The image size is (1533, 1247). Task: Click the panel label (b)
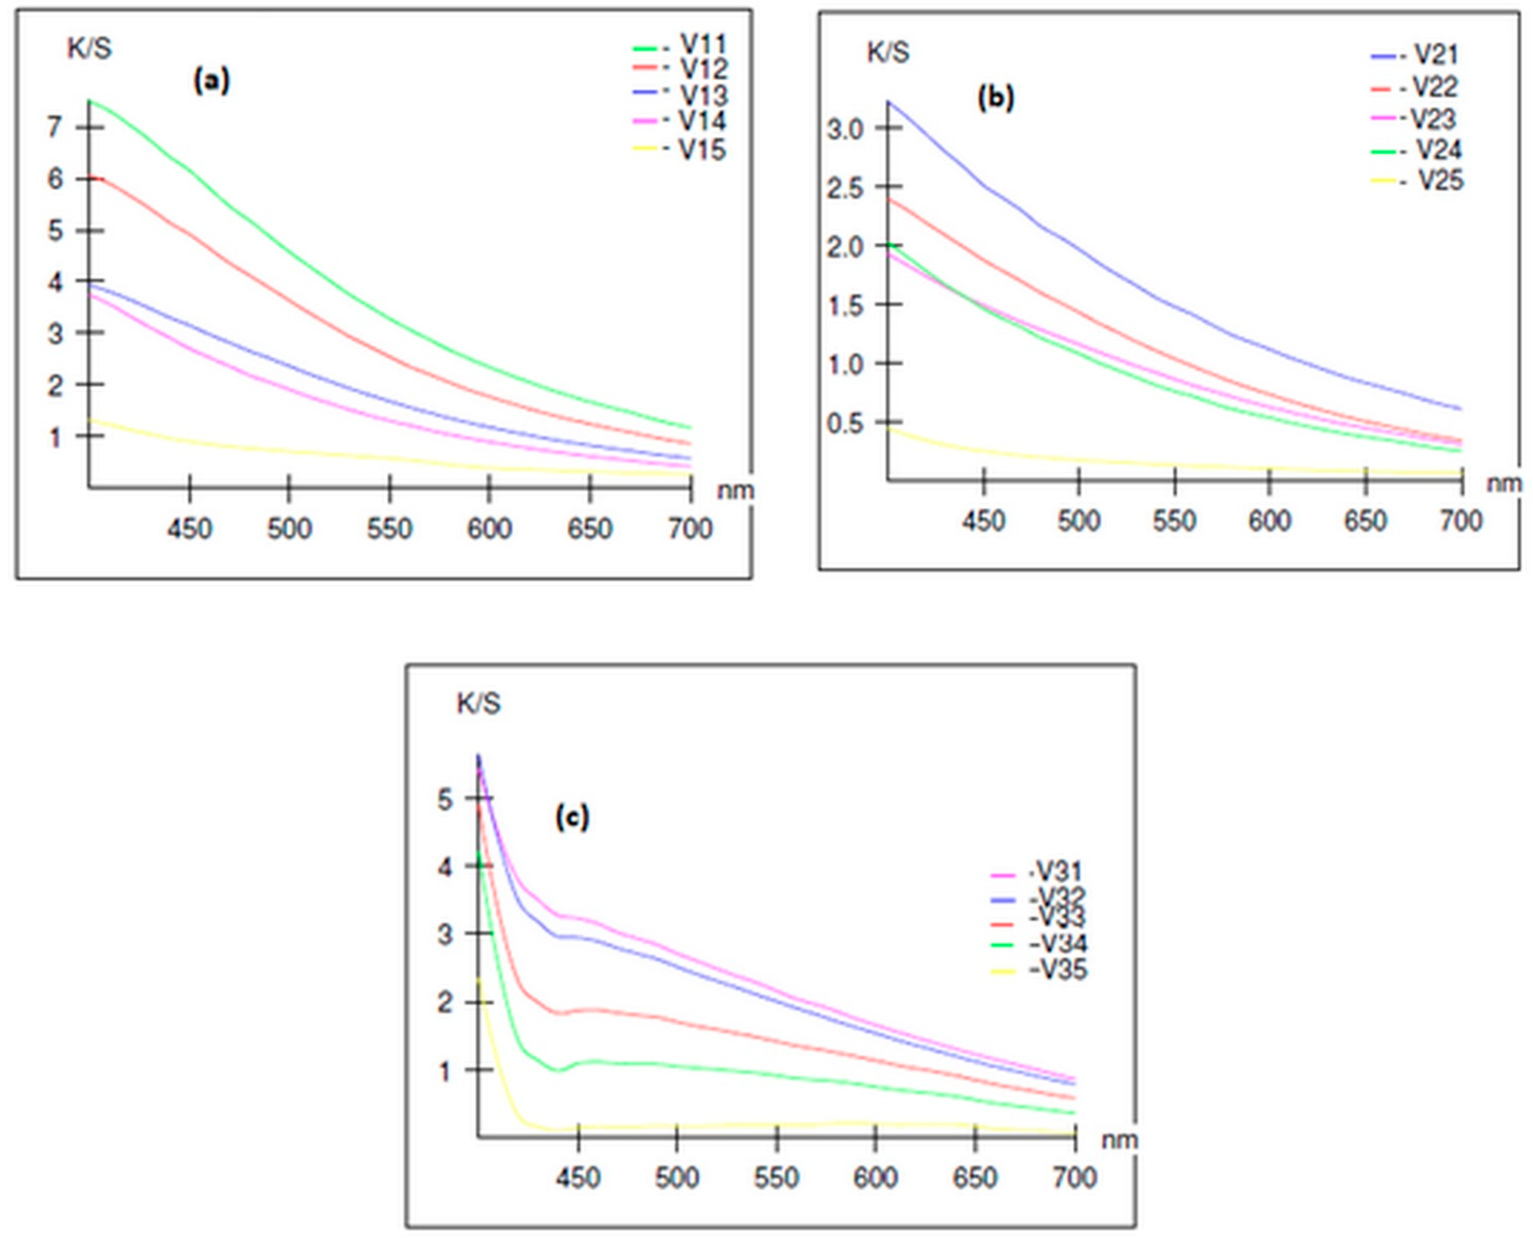pos(996,98)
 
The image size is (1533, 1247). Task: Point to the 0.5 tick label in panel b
pos(844,424)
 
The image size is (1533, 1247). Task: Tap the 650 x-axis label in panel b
pos(1365,520)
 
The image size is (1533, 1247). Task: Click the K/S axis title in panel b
pos(888,52)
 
